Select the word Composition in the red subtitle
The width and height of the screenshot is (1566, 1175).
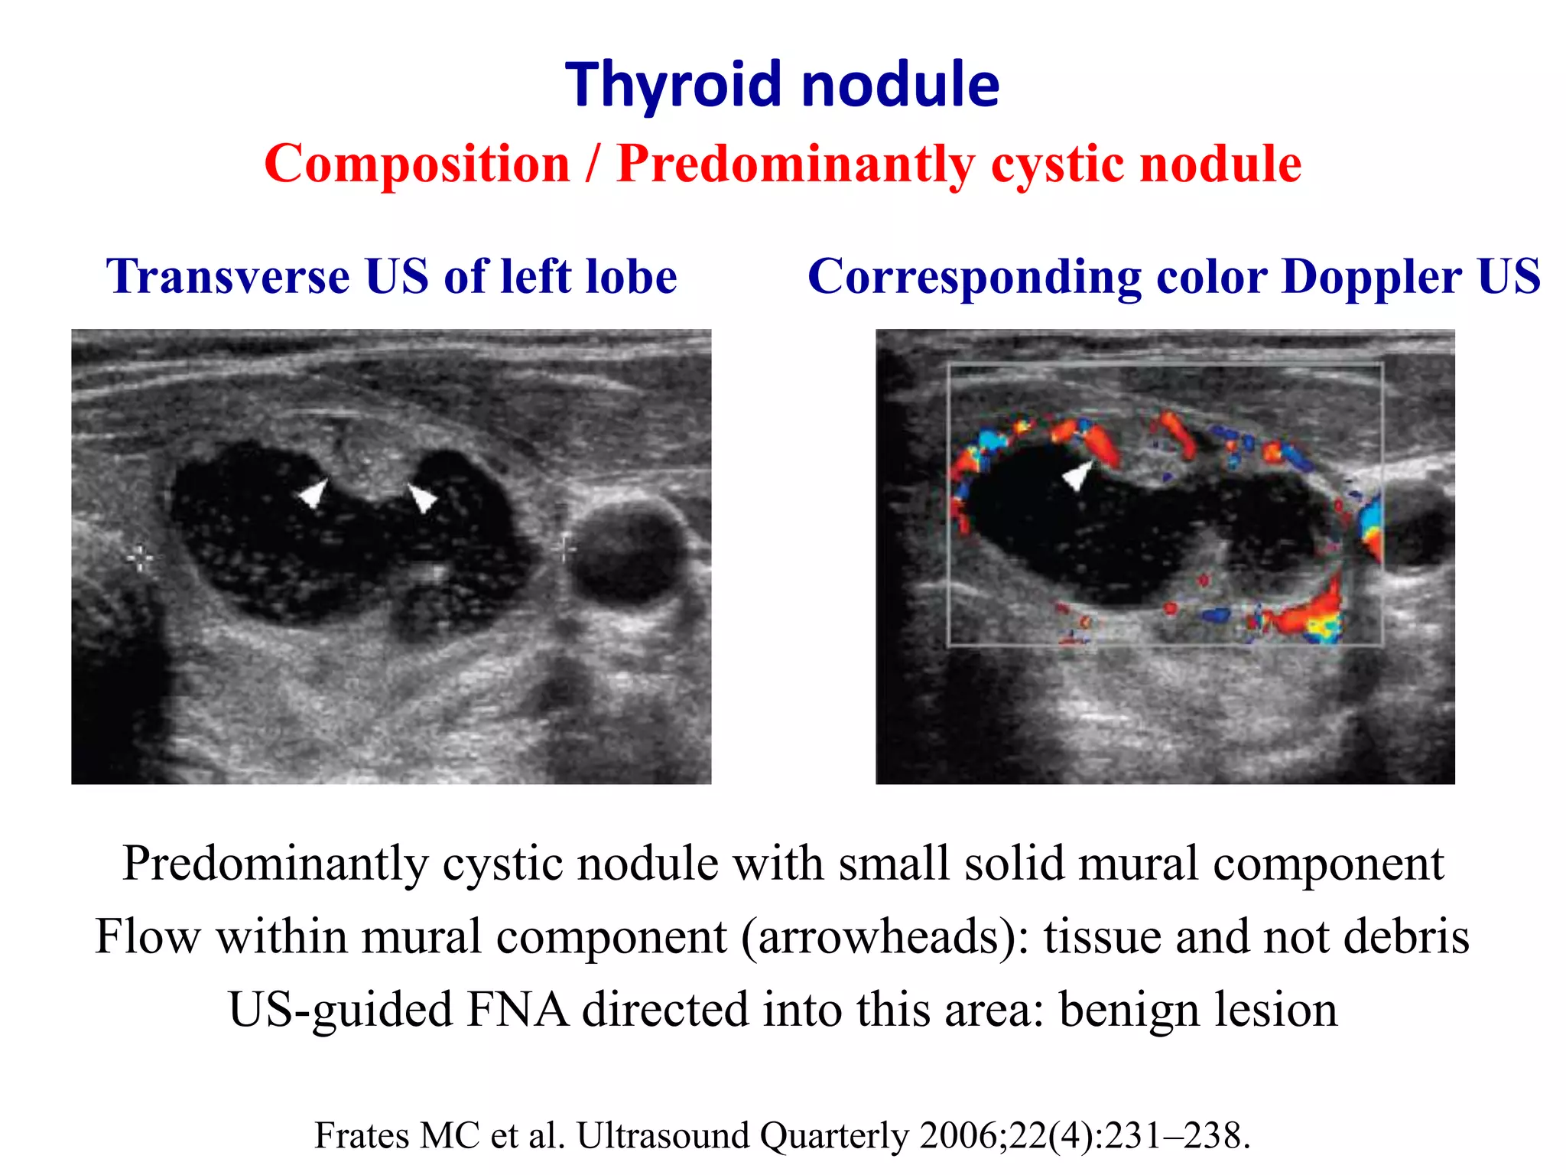417,164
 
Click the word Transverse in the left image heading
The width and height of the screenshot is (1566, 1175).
228,276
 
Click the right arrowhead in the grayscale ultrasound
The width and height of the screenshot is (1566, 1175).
421,497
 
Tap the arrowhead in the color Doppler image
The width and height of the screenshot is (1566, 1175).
1077,476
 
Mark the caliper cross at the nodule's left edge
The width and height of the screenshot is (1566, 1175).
140,559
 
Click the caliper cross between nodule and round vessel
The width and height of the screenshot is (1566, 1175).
564,548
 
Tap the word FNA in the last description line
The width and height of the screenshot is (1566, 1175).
517,1010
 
